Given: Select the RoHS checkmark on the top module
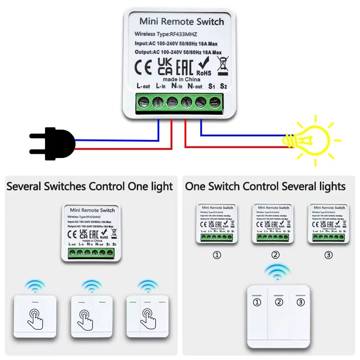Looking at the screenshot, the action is [203, 67].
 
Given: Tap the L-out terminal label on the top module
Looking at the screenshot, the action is [143, 85].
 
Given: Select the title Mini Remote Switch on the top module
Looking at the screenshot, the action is [181, 22].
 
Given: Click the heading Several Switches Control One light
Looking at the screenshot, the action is [90, 186].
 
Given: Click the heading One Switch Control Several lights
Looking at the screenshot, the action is [265, 186].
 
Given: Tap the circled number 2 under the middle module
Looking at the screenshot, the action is [275, 255].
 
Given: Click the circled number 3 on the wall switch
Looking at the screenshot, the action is [301, 302].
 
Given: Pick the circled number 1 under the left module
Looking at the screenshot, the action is [217, 255].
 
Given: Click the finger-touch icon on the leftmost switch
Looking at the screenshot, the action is [35, 315].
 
